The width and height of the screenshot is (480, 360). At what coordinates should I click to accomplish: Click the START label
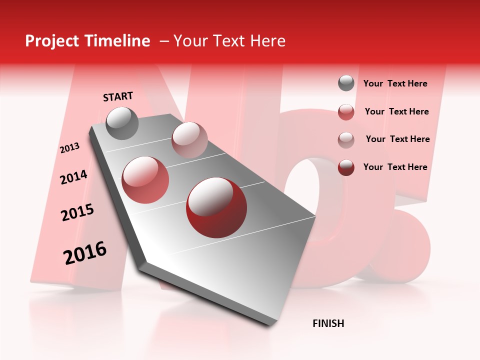tap(118, 96)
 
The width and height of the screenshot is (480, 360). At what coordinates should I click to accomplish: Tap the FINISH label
tap(328, 323)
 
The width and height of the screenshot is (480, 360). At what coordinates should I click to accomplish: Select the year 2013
tap(69, 148)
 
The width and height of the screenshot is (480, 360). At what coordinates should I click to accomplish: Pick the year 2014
tap(73, 177)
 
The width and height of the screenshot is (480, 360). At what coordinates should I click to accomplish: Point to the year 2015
tap(77, 212)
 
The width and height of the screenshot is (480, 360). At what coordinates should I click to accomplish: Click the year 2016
tap(85, 252)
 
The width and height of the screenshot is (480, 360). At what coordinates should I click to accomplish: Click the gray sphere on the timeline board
tap(122, 123)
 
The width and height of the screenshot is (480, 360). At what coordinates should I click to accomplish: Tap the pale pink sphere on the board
tap(189, 139)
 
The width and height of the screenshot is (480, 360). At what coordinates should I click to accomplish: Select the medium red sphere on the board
tap(145, 180)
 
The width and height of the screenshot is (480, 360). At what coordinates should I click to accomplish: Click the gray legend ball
tap(346, 83)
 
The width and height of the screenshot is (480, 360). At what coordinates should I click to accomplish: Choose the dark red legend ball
tap(346, 167)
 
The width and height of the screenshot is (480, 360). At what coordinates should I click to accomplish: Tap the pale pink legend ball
tap(346, 139)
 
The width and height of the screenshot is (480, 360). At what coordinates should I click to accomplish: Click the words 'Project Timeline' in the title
tap(87, 41)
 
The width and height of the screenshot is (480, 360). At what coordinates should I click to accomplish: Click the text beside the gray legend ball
tap(395, 83)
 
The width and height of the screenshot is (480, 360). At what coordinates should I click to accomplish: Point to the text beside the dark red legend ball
tap(395, 167)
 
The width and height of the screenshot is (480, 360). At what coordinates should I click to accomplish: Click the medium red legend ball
tap(346, 111)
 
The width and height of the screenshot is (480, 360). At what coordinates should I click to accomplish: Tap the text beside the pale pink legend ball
tap(397, 139)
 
